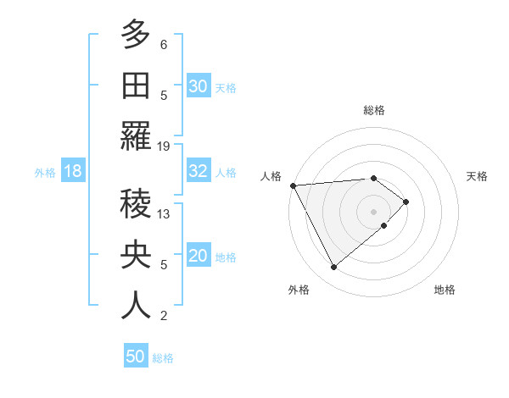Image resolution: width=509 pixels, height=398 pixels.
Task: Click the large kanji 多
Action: pos(136,36)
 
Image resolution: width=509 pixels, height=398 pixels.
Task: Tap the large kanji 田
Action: pos(136,86)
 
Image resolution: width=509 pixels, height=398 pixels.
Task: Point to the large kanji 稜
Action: pos(136,204)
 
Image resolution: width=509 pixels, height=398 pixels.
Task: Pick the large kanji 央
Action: pos(136,256)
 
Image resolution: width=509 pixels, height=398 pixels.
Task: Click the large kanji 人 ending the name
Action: pos(136,306)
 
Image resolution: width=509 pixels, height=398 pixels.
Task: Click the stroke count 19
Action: pos(164,146)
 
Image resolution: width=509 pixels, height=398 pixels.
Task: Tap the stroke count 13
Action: pos(164,214)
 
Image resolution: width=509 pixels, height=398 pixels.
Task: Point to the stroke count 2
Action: pos(164,316)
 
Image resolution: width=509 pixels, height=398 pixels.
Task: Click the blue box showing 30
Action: pos(199,86)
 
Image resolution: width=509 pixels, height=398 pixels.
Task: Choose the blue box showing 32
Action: pos(199,171)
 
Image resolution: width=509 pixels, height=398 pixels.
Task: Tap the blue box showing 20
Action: pos(199,256)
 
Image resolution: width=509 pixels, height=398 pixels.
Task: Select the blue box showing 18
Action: pos(73,171)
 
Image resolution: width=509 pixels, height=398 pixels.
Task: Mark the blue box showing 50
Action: pos(136,357)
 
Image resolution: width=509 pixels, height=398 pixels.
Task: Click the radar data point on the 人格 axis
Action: pos(293,185)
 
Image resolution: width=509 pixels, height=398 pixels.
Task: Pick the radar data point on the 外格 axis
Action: pos(333,268)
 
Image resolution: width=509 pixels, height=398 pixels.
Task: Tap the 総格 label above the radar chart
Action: pos(373,110)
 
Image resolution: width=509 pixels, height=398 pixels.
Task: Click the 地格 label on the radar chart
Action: pos(445,290)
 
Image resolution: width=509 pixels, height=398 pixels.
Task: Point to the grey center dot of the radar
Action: pos(373,210)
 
